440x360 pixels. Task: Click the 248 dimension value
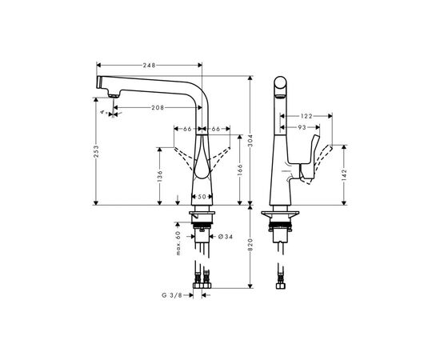pyautogui.click(x=149, y=65)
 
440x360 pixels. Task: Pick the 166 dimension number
pyautogui.click(x=238, y=170)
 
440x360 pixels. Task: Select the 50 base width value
pyautogui.click(x=202, y=196)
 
